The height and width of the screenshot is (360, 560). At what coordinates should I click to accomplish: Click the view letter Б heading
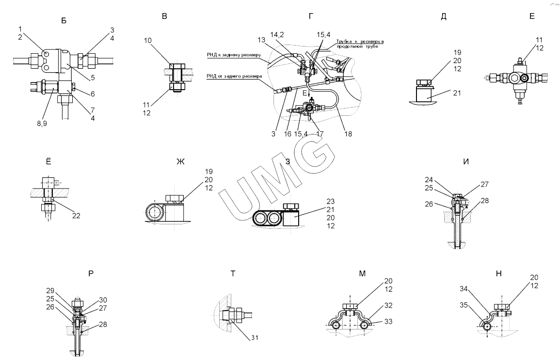point(64,20)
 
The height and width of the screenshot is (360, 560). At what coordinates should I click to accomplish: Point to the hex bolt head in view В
point(176,66)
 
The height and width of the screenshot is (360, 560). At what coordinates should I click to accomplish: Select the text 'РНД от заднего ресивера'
point(234,76)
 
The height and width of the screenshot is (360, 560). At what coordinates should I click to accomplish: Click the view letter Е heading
point(532,16)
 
